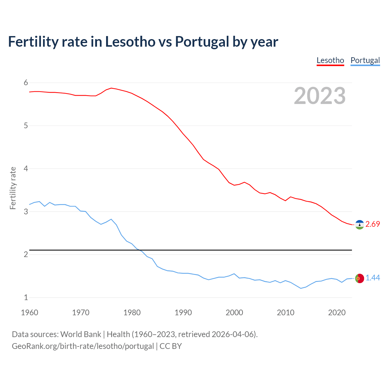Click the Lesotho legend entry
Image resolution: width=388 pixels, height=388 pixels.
click(x=330, y=60)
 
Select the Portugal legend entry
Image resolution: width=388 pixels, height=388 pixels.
click(x=365, y=60)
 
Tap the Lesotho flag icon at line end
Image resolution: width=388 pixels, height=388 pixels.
click(x=360, y=225)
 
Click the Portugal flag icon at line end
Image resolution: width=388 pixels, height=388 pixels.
click(x=360, y=278)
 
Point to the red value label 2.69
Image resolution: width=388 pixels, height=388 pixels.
click(x=373, y=224)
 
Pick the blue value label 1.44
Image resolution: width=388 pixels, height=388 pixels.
click(x=373, y=278)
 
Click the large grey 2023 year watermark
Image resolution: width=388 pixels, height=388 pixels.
click(x=320, y=96)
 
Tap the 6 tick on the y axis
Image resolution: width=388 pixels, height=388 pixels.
click(x=26, y=83)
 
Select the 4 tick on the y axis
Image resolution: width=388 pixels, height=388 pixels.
click(x=26, y=169)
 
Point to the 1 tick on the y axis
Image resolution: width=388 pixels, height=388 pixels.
click(x=26, y=297)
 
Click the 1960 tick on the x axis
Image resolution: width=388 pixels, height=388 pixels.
click(x=29, y=313)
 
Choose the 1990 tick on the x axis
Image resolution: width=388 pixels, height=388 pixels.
click(x=183, y=313)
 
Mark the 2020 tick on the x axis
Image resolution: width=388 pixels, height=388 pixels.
click(x=337, y=313)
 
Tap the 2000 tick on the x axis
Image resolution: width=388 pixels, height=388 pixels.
click(x=234, y=313)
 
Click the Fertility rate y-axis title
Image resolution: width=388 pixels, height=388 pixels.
click(x=13, y=188)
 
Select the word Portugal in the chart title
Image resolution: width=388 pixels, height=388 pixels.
click(x=202, y=42)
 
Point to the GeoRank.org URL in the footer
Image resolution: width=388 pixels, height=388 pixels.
click(x=83, y=346)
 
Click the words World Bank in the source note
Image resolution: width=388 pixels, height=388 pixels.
click(x=81, y=334)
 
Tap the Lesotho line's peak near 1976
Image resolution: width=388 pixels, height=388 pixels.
click(x=111, y=88)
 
